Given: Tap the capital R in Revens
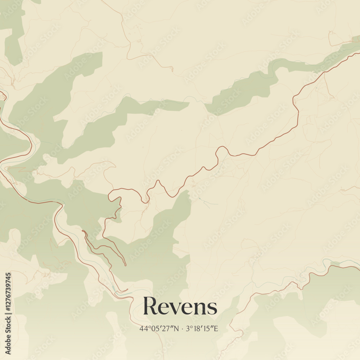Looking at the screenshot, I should click(x=150, y=306).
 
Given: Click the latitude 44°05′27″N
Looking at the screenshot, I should click(x=159, y=328).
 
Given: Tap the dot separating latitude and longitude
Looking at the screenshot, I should click(x=183, y=328).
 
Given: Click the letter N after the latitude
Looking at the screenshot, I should click(x=176, y=328).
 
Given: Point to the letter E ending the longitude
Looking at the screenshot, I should click(x=216, y=328).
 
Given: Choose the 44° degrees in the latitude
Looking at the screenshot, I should click(x=144, y=328).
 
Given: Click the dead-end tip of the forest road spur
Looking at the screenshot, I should click(x=126, y=266).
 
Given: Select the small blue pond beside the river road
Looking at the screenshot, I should click(x=114, y=288).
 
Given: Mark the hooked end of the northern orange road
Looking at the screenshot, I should click(x=172, y=69).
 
